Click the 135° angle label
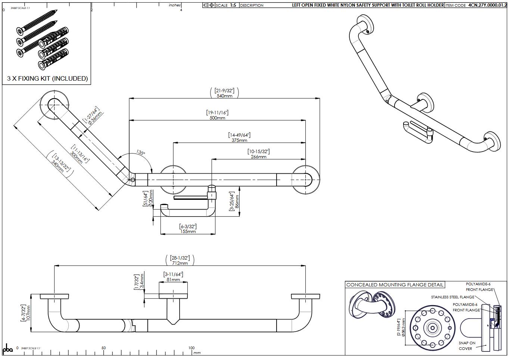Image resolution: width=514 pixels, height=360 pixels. coord(140,152)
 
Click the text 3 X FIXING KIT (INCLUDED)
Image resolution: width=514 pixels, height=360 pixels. coord(47,78)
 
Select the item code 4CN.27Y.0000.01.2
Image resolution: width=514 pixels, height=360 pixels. coord(487,5)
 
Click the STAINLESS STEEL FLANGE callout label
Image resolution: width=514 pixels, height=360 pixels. coord(452,297)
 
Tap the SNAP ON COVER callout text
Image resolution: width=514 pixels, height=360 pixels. coord(467,346)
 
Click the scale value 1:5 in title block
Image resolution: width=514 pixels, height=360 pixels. coord(233,5)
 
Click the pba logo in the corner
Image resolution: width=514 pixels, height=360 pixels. coord(8,349)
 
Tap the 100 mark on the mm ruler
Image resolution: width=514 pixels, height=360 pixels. coord(191,348)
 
